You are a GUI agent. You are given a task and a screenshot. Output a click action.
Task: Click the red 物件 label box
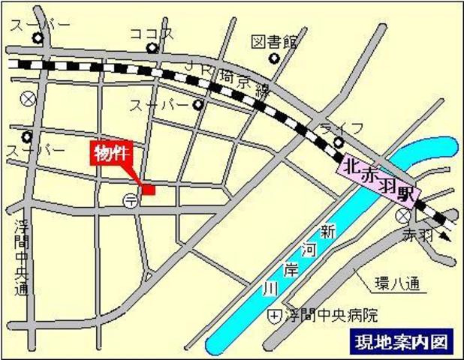pyautogui.click(x=110, y=153)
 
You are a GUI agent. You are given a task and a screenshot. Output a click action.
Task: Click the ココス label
pyautogui.click(x=152, y=33)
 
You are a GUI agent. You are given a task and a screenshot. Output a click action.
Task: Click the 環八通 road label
pyautogui.click(x=399, y=284)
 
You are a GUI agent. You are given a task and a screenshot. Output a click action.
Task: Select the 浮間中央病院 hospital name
pyautogui.click(x=330, y=314)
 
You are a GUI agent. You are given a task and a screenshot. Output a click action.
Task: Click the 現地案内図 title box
pyautogui.click(x=400, y=341)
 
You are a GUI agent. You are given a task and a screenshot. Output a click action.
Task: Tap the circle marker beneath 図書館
pyautogui.click(x=274, y=58)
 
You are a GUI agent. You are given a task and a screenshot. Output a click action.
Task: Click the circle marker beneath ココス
pyautogui.click(x=152, y=49)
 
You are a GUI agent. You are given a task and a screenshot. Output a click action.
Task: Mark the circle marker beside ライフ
pyautogui.click(x=339, y=141)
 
